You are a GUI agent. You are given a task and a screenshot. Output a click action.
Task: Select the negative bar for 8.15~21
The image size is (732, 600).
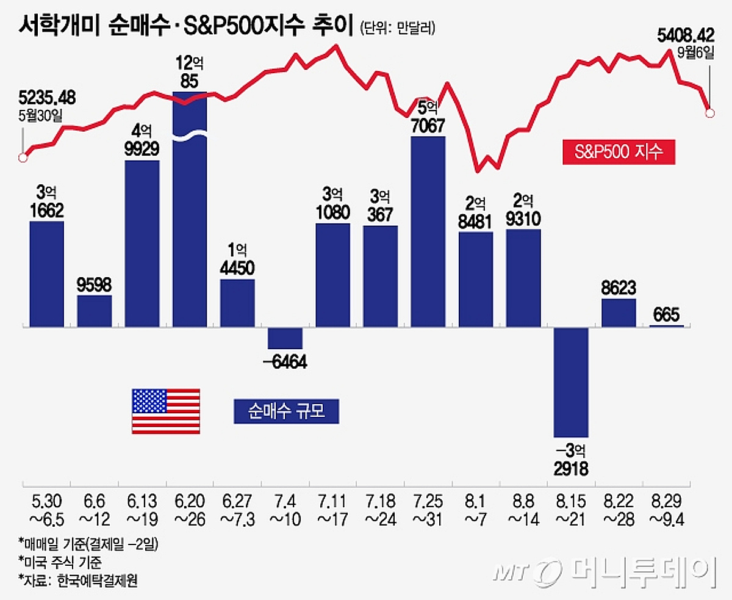pos(571,382)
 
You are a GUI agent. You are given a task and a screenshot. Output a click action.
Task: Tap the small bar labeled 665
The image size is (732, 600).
pos(666,326)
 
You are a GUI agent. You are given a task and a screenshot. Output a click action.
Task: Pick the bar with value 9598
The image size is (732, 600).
pos(95,311)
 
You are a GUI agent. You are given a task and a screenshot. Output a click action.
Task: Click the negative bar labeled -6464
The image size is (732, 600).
pos(285,338)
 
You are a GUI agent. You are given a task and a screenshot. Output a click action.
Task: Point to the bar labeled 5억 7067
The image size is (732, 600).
pos(428,232)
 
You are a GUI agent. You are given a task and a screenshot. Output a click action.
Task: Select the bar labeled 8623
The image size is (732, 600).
pos(619,313)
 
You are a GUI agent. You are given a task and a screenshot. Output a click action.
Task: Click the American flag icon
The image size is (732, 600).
pos(166,411)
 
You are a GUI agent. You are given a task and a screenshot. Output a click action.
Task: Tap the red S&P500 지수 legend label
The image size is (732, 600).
pos(619,151)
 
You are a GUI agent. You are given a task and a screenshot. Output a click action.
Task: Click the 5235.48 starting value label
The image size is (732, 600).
pos(47,98)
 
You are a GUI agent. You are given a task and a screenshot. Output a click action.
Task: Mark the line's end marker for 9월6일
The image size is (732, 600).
pos(709,113)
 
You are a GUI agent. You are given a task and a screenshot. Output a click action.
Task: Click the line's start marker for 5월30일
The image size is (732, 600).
pos(23,158)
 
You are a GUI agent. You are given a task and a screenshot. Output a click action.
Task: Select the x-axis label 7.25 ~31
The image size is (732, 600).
pos(428,510)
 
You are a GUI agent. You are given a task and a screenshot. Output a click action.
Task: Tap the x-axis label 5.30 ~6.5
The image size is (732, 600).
pos(47,510)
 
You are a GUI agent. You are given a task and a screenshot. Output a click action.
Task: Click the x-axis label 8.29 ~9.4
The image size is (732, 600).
pos(666,510)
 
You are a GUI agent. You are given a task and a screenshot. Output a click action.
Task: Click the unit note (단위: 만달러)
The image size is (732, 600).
pos(398,27)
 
